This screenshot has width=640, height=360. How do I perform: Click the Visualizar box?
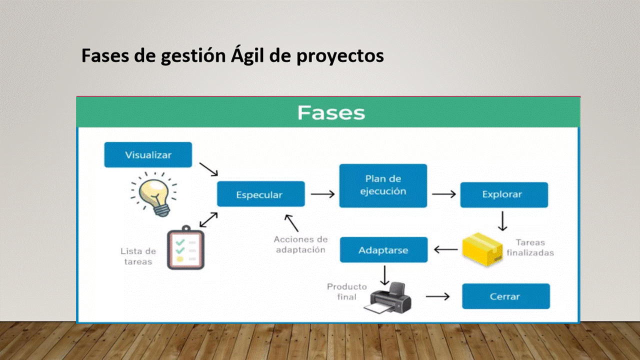click(x=148, y=155)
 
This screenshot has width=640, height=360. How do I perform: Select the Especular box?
click(x=261, y=194)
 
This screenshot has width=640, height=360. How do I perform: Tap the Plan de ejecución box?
click(x=383, y=185)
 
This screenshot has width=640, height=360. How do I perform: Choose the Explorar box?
click(x=504, y=195)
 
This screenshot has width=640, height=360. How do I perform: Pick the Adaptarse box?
click(x=383, y=249)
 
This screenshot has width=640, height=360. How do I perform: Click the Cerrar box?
click(x=506, y=296)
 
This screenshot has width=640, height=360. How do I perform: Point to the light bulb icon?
click(x=154, y=194)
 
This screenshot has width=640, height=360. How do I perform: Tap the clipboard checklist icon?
click(x=185, y=247)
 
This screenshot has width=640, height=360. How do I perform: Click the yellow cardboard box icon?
click(x=482, y=249)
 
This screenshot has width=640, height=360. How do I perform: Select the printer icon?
click(x=387, y=297)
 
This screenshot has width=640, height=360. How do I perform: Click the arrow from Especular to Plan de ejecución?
click(x=322, y=194)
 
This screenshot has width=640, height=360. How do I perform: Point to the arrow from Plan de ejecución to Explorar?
click(x=443, y=194)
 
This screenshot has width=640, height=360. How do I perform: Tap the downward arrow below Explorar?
click(x=502, y=221)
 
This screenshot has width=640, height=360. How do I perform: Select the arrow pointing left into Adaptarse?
click(x=445, y=249)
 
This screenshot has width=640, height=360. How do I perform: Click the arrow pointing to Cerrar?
click(x=437, y=296)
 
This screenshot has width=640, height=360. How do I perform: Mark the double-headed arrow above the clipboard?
click(x=208, y=219)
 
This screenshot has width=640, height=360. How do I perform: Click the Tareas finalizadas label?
click(x=530, y=247)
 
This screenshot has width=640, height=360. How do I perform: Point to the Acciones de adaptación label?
click(x=300, y=244)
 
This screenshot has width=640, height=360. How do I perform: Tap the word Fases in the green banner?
click(x=331, y=112)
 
